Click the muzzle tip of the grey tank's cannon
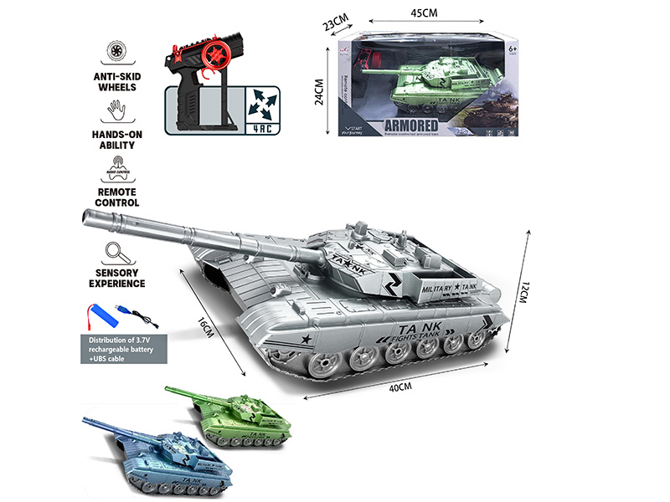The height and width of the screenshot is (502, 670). click(85, 218)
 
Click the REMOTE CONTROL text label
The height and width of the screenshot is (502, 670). click(118, 197)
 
